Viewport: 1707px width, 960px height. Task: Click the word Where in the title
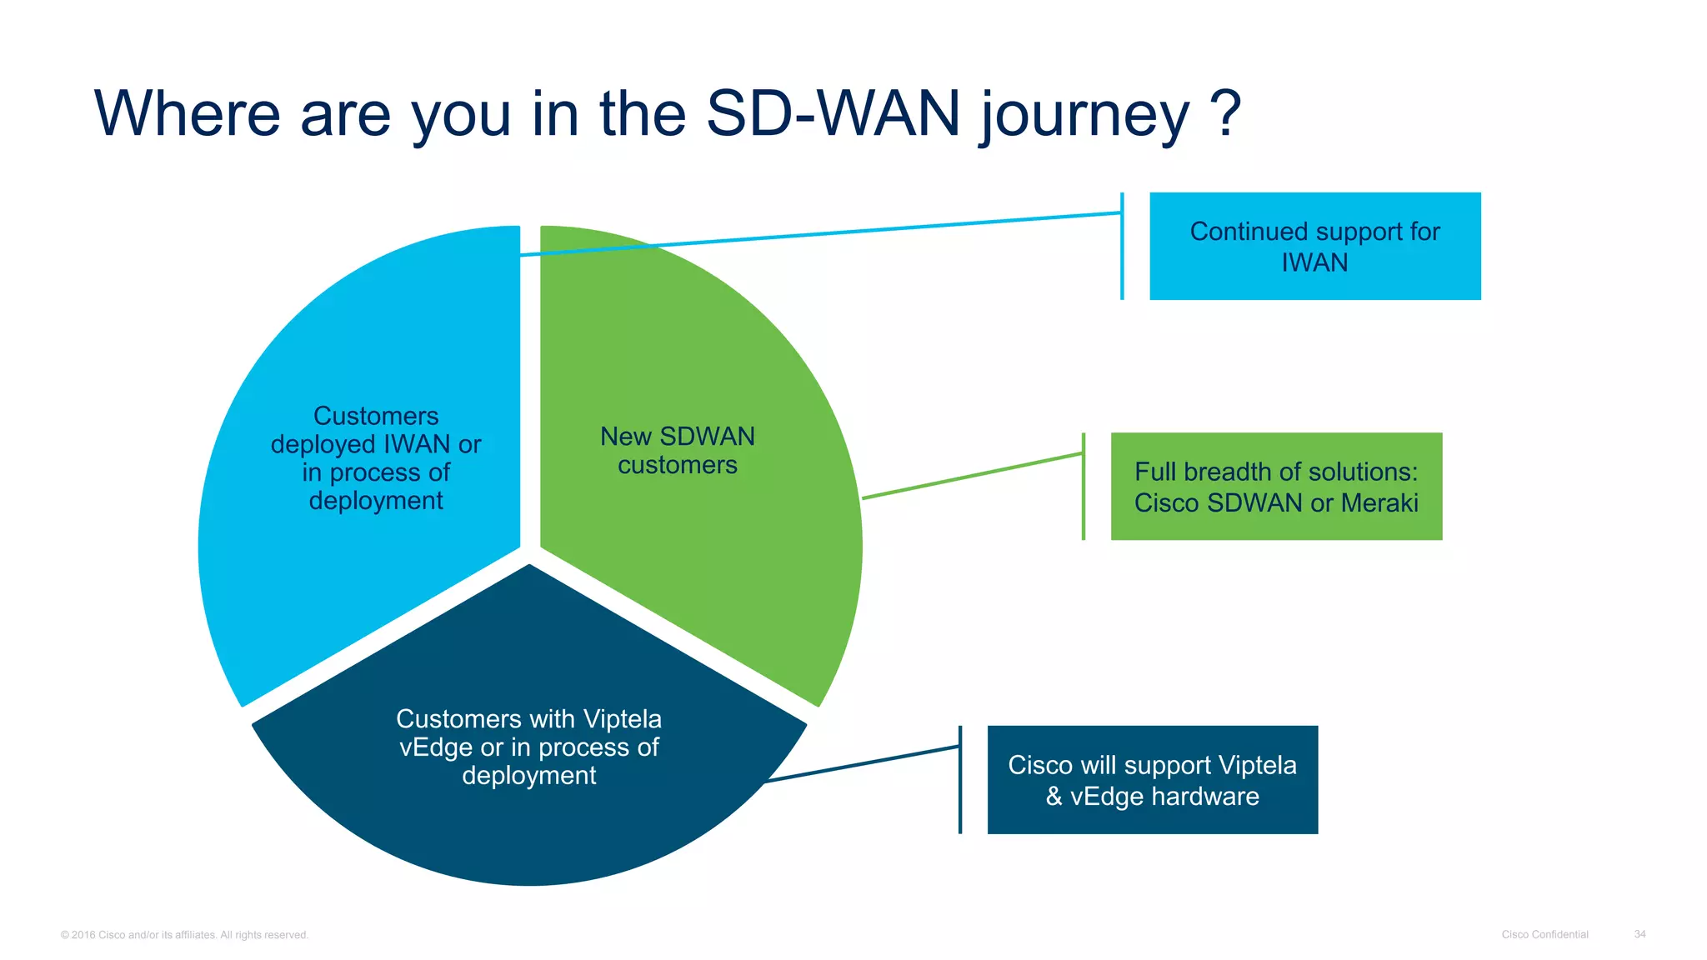tap(188, 113)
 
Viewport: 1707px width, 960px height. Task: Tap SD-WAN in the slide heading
tap(833, 113)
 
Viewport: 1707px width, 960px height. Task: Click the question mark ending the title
tap(1225, 113)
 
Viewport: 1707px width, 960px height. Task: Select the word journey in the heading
tap(1084, 117)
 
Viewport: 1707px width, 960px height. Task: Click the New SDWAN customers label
tap(677, 451)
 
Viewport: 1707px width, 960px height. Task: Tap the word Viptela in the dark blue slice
tap(622, 719)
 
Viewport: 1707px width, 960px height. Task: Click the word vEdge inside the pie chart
tap(436, 747)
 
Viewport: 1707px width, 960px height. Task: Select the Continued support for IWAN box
tap(1314, 247)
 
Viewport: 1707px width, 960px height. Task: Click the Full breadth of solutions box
tap(1276, 487)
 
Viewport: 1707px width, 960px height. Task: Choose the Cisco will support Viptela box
tap(1152, 780)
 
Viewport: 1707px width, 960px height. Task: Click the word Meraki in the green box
tap(1379, 503)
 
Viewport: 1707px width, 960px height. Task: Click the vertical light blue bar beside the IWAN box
tap(1122, 247)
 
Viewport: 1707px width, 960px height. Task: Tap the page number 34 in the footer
tap(1639, 934)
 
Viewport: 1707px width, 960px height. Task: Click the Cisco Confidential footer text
tap(1544, 934)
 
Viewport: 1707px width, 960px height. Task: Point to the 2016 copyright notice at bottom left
tap(184, 935)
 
